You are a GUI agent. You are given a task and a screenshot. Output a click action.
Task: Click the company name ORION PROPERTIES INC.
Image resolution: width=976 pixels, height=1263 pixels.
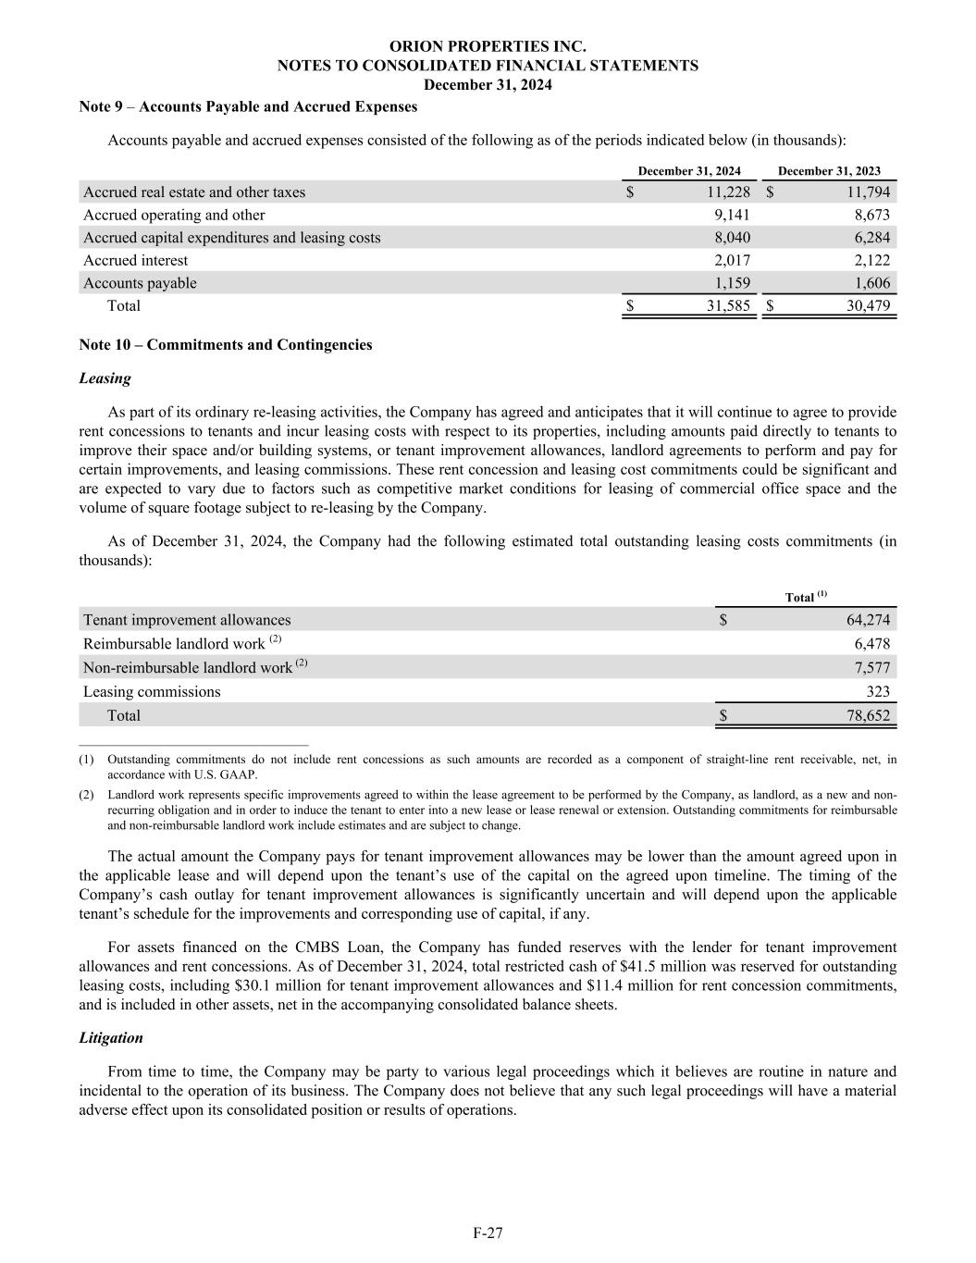pos(488,46)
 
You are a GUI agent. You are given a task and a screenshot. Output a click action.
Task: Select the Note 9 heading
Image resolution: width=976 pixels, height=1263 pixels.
pos(248,106)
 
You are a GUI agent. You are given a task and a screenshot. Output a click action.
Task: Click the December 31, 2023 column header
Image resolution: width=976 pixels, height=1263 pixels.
pos(829,171)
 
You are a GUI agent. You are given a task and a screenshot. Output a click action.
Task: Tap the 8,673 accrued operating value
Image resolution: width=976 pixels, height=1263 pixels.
pos(871,215)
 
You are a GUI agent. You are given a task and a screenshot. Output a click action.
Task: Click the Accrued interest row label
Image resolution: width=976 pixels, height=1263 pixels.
pos(135,261)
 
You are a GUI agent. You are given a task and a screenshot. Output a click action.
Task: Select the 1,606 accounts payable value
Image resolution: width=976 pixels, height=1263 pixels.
pos(871,283)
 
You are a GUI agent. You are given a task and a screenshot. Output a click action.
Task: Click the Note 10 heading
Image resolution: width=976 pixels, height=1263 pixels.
pos(226,345)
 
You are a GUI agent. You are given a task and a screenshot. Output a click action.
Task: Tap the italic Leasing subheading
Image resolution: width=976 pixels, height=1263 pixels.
pos(105,378)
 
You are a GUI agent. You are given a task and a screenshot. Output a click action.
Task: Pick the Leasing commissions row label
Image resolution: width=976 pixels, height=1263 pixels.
pos(152,692)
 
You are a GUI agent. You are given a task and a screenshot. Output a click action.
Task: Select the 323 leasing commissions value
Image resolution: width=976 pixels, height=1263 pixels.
pos(878,692)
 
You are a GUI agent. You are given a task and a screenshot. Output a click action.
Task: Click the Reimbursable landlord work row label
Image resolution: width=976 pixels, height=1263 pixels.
pos(174,644)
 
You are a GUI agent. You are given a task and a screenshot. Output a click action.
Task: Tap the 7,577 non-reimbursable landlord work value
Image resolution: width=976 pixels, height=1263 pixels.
pos(871,668)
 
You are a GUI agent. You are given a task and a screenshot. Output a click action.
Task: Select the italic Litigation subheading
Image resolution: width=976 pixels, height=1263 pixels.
pos(111,1038)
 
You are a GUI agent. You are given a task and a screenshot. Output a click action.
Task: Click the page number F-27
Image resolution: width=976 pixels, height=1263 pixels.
pos(488,1232)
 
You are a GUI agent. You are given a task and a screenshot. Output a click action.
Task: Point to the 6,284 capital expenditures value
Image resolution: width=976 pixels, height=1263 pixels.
pos(871,238)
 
